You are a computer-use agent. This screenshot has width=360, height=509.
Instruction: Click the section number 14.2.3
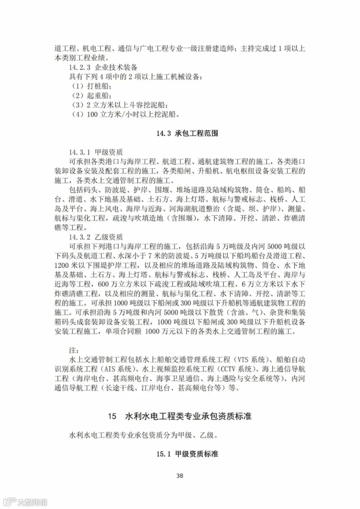pyautogui.click(x=80, y=67)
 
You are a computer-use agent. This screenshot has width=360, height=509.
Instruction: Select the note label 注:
pyautogui.click(x=73, y=350)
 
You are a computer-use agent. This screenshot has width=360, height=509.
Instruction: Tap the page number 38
pyautogui.click(x=180, y=475)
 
